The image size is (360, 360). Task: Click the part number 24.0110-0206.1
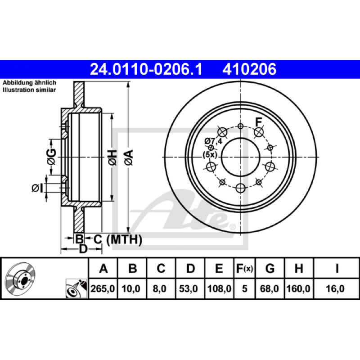pos(146,69)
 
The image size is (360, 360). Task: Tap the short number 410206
pos(249,69)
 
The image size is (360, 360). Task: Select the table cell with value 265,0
pos(103,288)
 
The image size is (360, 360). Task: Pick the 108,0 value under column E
pos(219,288)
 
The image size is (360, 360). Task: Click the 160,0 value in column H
pos(299,288)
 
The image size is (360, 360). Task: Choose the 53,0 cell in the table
pos(189,288)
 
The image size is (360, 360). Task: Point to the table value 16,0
pos(335,288)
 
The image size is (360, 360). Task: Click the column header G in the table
pos(270,268)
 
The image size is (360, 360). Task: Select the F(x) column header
pos(244,268)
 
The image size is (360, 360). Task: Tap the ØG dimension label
pos(52,157)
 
